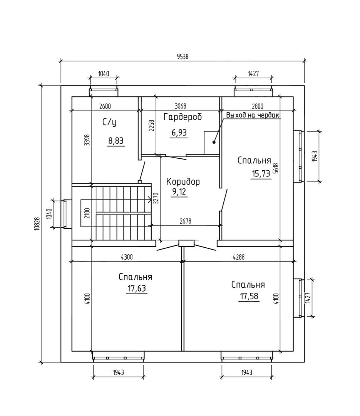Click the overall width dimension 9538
[x=183, y=57]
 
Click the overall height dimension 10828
[x=37, y=224]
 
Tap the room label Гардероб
[x=183, y=117]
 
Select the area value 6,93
[x=179, y=132]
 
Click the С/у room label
[x=109, y=122]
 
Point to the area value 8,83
[x=116, y=140]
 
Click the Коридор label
[x=183, y=182]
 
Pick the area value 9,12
[x=179, y=191]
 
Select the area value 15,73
[x=261, y=173]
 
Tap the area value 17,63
[x=137, y=288]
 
